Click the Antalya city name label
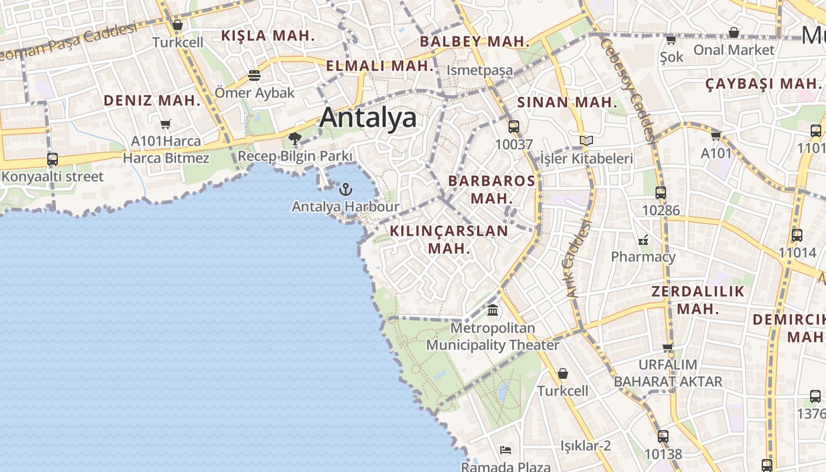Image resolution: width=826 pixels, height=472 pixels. click(x=368, y=118)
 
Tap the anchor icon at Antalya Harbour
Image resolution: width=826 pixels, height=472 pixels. click(x=346, y=189)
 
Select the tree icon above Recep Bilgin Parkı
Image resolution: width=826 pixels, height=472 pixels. click(x=295, y=139)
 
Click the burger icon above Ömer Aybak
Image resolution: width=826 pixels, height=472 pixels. click(x=254, y=76)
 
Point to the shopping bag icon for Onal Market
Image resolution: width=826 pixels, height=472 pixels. click(x=734, y=32)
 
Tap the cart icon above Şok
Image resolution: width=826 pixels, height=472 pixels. click(x=671, y=40)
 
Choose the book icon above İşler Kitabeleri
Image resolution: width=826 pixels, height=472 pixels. click(x=586, y=141)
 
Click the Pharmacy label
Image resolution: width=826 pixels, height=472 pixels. click(x=643, y=257)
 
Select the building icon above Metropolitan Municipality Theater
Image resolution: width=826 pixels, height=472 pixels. click(x=493, y=310)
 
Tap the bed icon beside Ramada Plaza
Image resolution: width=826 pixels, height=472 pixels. click(x=506, y=450)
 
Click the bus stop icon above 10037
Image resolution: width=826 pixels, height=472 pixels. click(x=514, y=126)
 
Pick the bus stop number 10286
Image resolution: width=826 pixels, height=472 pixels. click(x=661, y=210)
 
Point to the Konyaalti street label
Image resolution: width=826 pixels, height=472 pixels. click(x=53, y=176)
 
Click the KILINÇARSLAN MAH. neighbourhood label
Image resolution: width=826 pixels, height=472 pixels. click(x=449, y=239)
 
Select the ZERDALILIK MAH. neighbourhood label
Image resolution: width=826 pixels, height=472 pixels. click(x=698, y=300)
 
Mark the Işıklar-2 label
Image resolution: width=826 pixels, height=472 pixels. click(x=585, y=445)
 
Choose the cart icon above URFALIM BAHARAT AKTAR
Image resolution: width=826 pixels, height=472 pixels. click(x=668, y=348)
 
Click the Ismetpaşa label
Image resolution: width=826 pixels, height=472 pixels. click(x=480, y=70)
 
